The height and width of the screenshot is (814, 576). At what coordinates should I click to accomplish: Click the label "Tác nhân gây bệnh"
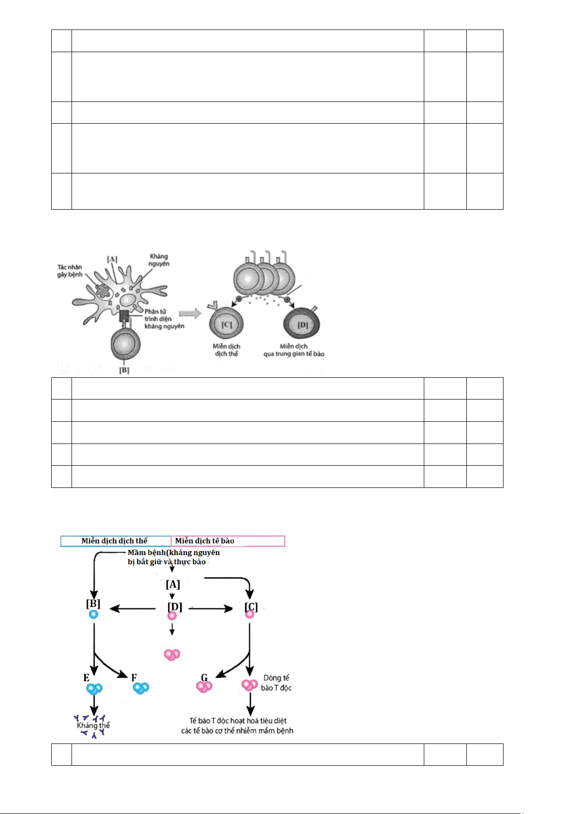point(70,271)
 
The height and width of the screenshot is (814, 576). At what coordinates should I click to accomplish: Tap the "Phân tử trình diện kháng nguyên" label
point(164,319)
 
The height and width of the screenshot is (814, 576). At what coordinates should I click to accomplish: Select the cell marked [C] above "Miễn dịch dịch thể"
point(226,325)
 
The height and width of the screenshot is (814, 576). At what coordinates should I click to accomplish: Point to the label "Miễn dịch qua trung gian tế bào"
point(293,350)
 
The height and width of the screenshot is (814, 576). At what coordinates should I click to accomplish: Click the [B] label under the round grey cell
point(124,371)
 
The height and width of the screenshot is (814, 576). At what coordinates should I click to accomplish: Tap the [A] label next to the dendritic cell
point(112,259)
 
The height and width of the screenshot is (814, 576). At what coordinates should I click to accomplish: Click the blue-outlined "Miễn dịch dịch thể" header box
point(115,541)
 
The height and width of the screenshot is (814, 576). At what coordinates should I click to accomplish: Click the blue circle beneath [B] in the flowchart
point(94,614)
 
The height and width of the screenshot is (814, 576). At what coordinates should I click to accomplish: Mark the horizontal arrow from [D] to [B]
point(133,609)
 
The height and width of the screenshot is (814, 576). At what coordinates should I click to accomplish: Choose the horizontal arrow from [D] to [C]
point(211,609)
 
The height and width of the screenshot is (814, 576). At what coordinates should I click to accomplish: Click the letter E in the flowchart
point(86,678)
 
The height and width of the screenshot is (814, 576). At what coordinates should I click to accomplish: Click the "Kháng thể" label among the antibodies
point(93,725)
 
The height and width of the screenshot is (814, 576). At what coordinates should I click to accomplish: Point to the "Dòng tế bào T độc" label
point(276,683)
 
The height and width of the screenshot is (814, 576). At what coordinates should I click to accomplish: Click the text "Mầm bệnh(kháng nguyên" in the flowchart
point(173,553)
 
